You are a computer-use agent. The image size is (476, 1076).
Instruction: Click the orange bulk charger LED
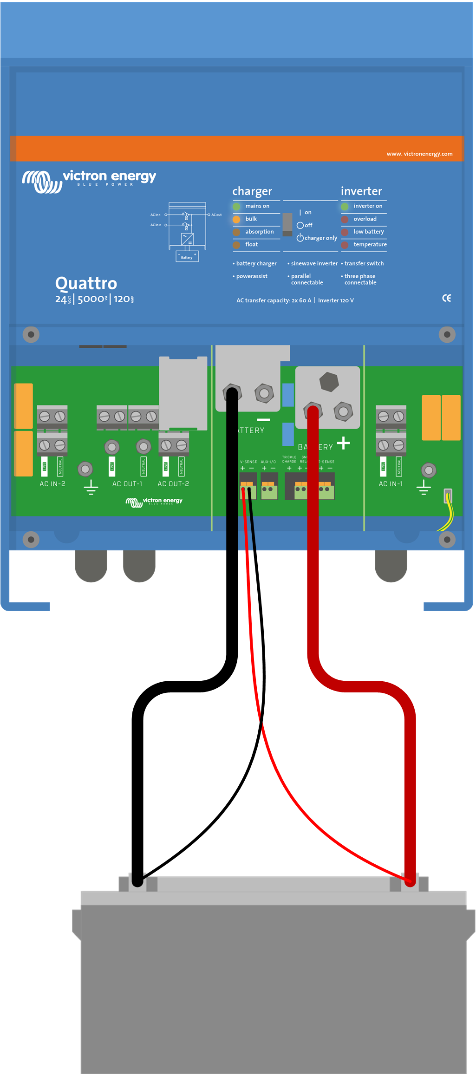click(x=236, y=219)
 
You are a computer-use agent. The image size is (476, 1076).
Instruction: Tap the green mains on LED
click(x=236, y=206)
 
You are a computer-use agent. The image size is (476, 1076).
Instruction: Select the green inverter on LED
click(x=345, y=206)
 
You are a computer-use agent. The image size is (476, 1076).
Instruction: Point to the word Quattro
click(x=86, y=283)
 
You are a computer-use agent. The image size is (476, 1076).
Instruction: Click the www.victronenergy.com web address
click(x=419, y=154)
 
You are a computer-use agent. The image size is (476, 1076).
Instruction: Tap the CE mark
click(x=446, y=298)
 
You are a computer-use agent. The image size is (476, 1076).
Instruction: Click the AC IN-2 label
click(x=52, y=484)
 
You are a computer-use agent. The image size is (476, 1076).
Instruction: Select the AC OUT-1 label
click(x=127, y=484)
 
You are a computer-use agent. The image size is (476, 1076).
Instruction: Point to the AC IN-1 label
click(x=391, y=484)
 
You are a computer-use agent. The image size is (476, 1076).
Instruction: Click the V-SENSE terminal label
click(x=248, y=462)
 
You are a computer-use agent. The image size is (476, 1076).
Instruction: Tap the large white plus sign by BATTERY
click(x=343, y=443)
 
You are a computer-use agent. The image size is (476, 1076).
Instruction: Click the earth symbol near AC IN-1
click(x=424, y=488)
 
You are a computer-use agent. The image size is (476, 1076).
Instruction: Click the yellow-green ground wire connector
click(x=448, y=496)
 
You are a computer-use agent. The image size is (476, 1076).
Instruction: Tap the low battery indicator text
click(x=369, y=232)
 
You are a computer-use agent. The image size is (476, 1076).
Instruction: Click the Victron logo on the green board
click(x=154, y=502)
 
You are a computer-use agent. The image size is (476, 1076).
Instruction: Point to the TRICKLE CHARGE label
click(x=289, y=459)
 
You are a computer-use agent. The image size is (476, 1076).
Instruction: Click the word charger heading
click(x=252, y=191)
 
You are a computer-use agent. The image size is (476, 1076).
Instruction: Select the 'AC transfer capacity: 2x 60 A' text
click(x=274, y=300)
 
